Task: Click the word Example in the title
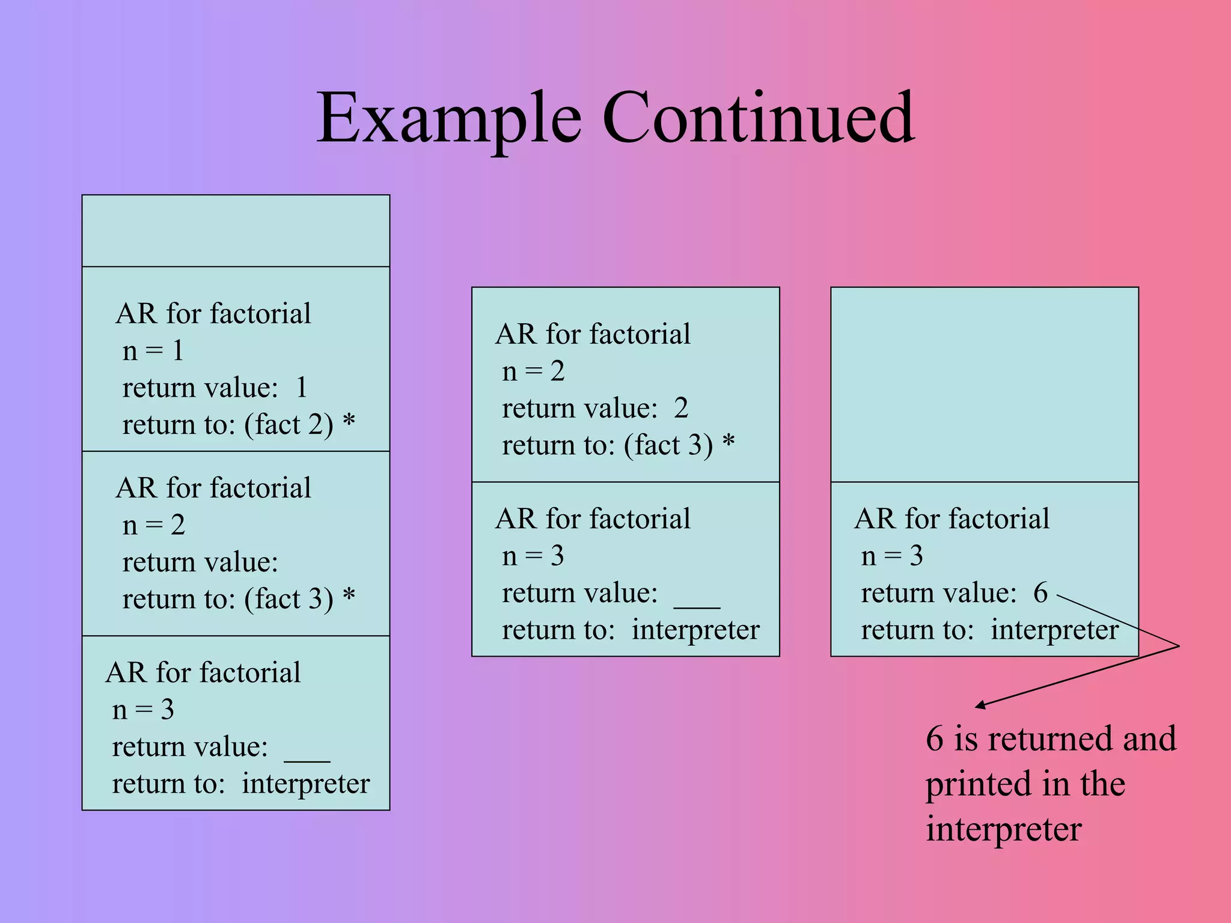(449, 118)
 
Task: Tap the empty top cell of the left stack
(236, 231)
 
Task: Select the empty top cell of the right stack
(984, 385)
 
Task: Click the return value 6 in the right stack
(1040, 593)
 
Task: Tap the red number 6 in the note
(934, 739)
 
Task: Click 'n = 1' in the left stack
(153, 350)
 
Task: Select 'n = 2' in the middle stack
(533, 371)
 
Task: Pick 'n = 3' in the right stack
(891, 556)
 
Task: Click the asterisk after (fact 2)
(349, 421)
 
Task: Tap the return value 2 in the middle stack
(680, 409)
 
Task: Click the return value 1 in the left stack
(301, 388)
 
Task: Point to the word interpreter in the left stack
(305, 784)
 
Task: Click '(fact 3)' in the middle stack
(668, 446)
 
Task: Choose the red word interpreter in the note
(1003, 830)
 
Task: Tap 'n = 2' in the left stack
(153, 525)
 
